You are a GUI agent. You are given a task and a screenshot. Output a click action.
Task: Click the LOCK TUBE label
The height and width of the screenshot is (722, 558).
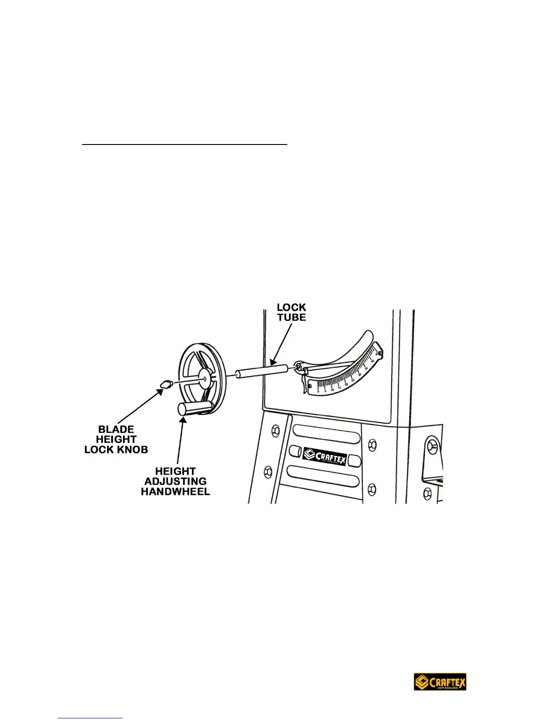pos(291,312)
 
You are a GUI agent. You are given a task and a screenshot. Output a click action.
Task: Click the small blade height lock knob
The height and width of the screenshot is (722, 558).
pos(165,384)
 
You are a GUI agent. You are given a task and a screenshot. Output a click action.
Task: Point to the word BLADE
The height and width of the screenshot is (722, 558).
pos(116,429)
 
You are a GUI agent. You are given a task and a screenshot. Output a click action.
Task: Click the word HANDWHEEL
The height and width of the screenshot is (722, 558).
pos(176,491)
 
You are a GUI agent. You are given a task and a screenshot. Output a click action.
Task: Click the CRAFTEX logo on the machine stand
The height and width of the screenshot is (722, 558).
pos(325,456)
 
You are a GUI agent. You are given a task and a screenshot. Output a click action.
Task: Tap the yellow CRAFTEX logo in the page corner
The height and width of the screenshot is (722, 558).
pos(440,682)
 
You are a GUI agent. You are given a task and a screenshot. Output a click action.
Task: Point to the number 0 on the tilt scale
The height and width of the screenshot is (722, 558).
pos(318,392)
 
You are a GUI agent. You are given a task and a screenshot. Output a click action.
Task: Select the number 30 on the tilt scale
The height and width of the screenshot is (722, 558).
pos(360,374)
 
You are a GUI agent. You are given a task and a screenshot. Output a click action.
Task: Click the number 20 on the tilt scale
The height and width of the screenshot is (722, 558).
pos(346,385)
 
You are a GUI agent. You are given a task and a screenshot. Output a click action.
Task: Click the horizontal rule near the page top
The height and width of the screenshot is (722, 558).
pos(185,144)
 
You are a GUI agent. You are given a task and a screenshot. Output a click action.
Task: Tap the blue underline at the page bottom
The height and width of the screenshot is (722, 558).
pos(91,718)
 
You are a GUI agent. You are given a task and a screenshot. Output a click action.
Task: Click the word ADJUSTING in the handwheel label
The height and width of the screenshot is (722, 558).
pos(176,481)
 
